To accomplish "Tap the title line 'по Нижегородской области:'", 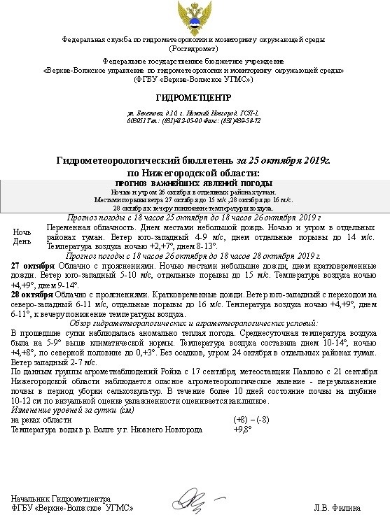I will click(193, 172).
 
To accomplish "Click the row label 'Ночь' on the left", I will click(22, 232).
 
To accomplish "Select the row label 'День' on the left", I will click(22, 241).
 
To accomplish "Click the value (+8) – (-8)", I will click(251, 419).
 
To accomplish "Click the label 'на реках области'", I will click(42, 419).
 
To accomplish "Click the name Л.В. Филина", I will click(338, 507).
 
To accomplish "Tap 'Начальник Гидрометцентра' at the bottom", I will click(61, 499).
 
